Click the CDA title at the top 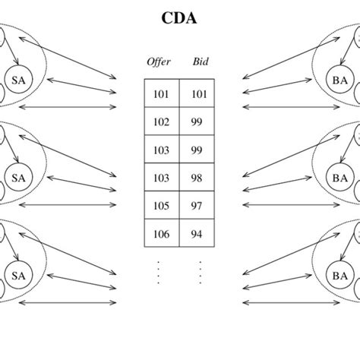pos(179,18)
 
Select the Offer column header pos(159,62)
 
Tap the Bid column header pos(200,62)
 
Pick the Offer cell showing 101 pos(162,94)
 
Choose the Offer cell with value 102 pos(162,122)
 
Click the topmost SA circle pos(17,78)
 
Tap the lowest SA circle pos(17,274)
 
